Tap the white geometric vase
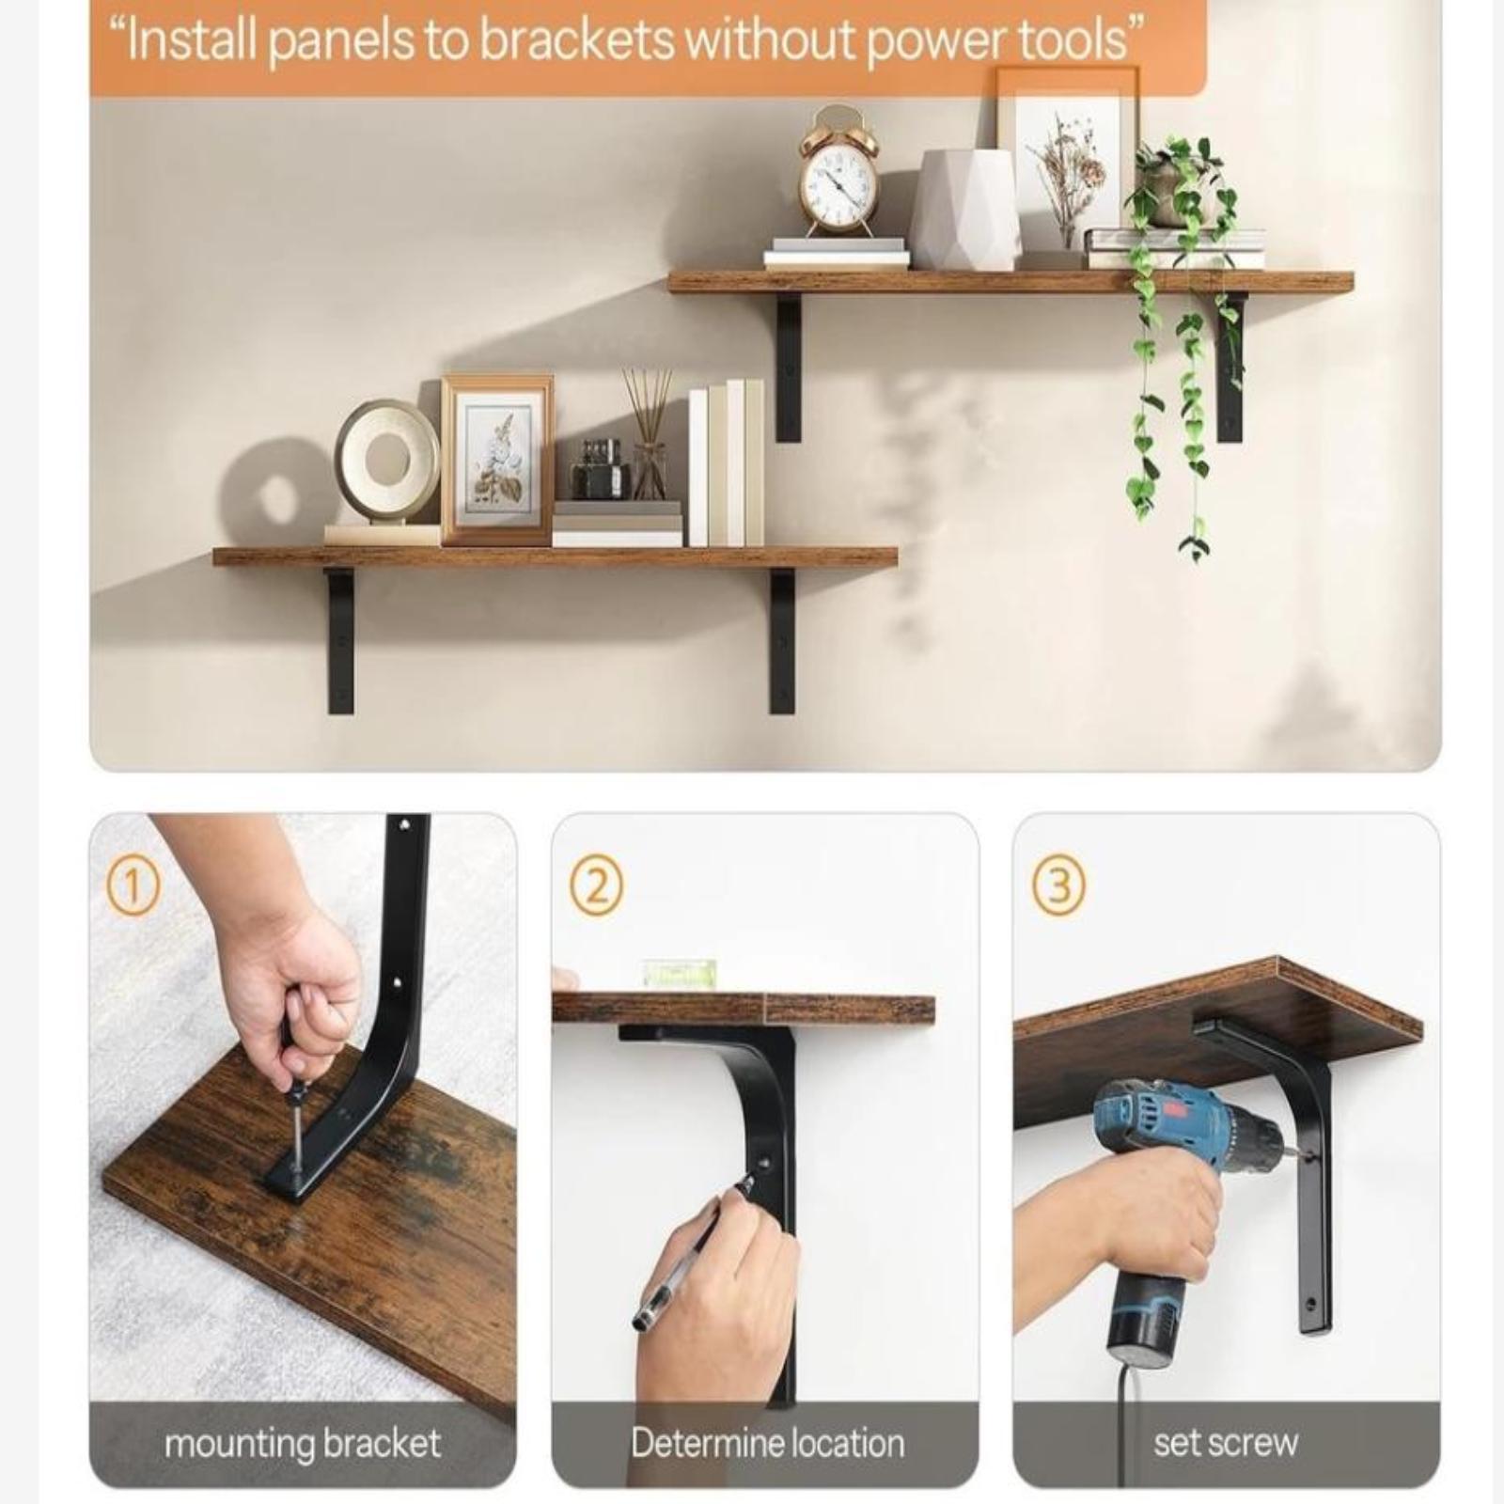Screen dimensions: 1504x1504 click(964, 210)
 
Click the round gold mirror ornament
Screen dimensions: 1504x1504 click(386, 461)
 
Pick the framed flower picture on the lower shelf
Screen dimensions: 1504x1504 click(497, 460)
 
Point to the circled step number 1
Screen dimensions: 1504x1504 click(133, 886)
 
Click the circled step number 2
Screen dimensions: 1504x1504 click(596, 886)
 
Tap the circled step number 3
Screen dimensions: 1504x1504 click(1058, 886)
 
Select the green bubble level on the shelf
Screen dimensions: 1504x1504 click(679, 974)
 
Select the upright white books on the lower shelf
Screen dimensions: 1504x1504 click(726, 462)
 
